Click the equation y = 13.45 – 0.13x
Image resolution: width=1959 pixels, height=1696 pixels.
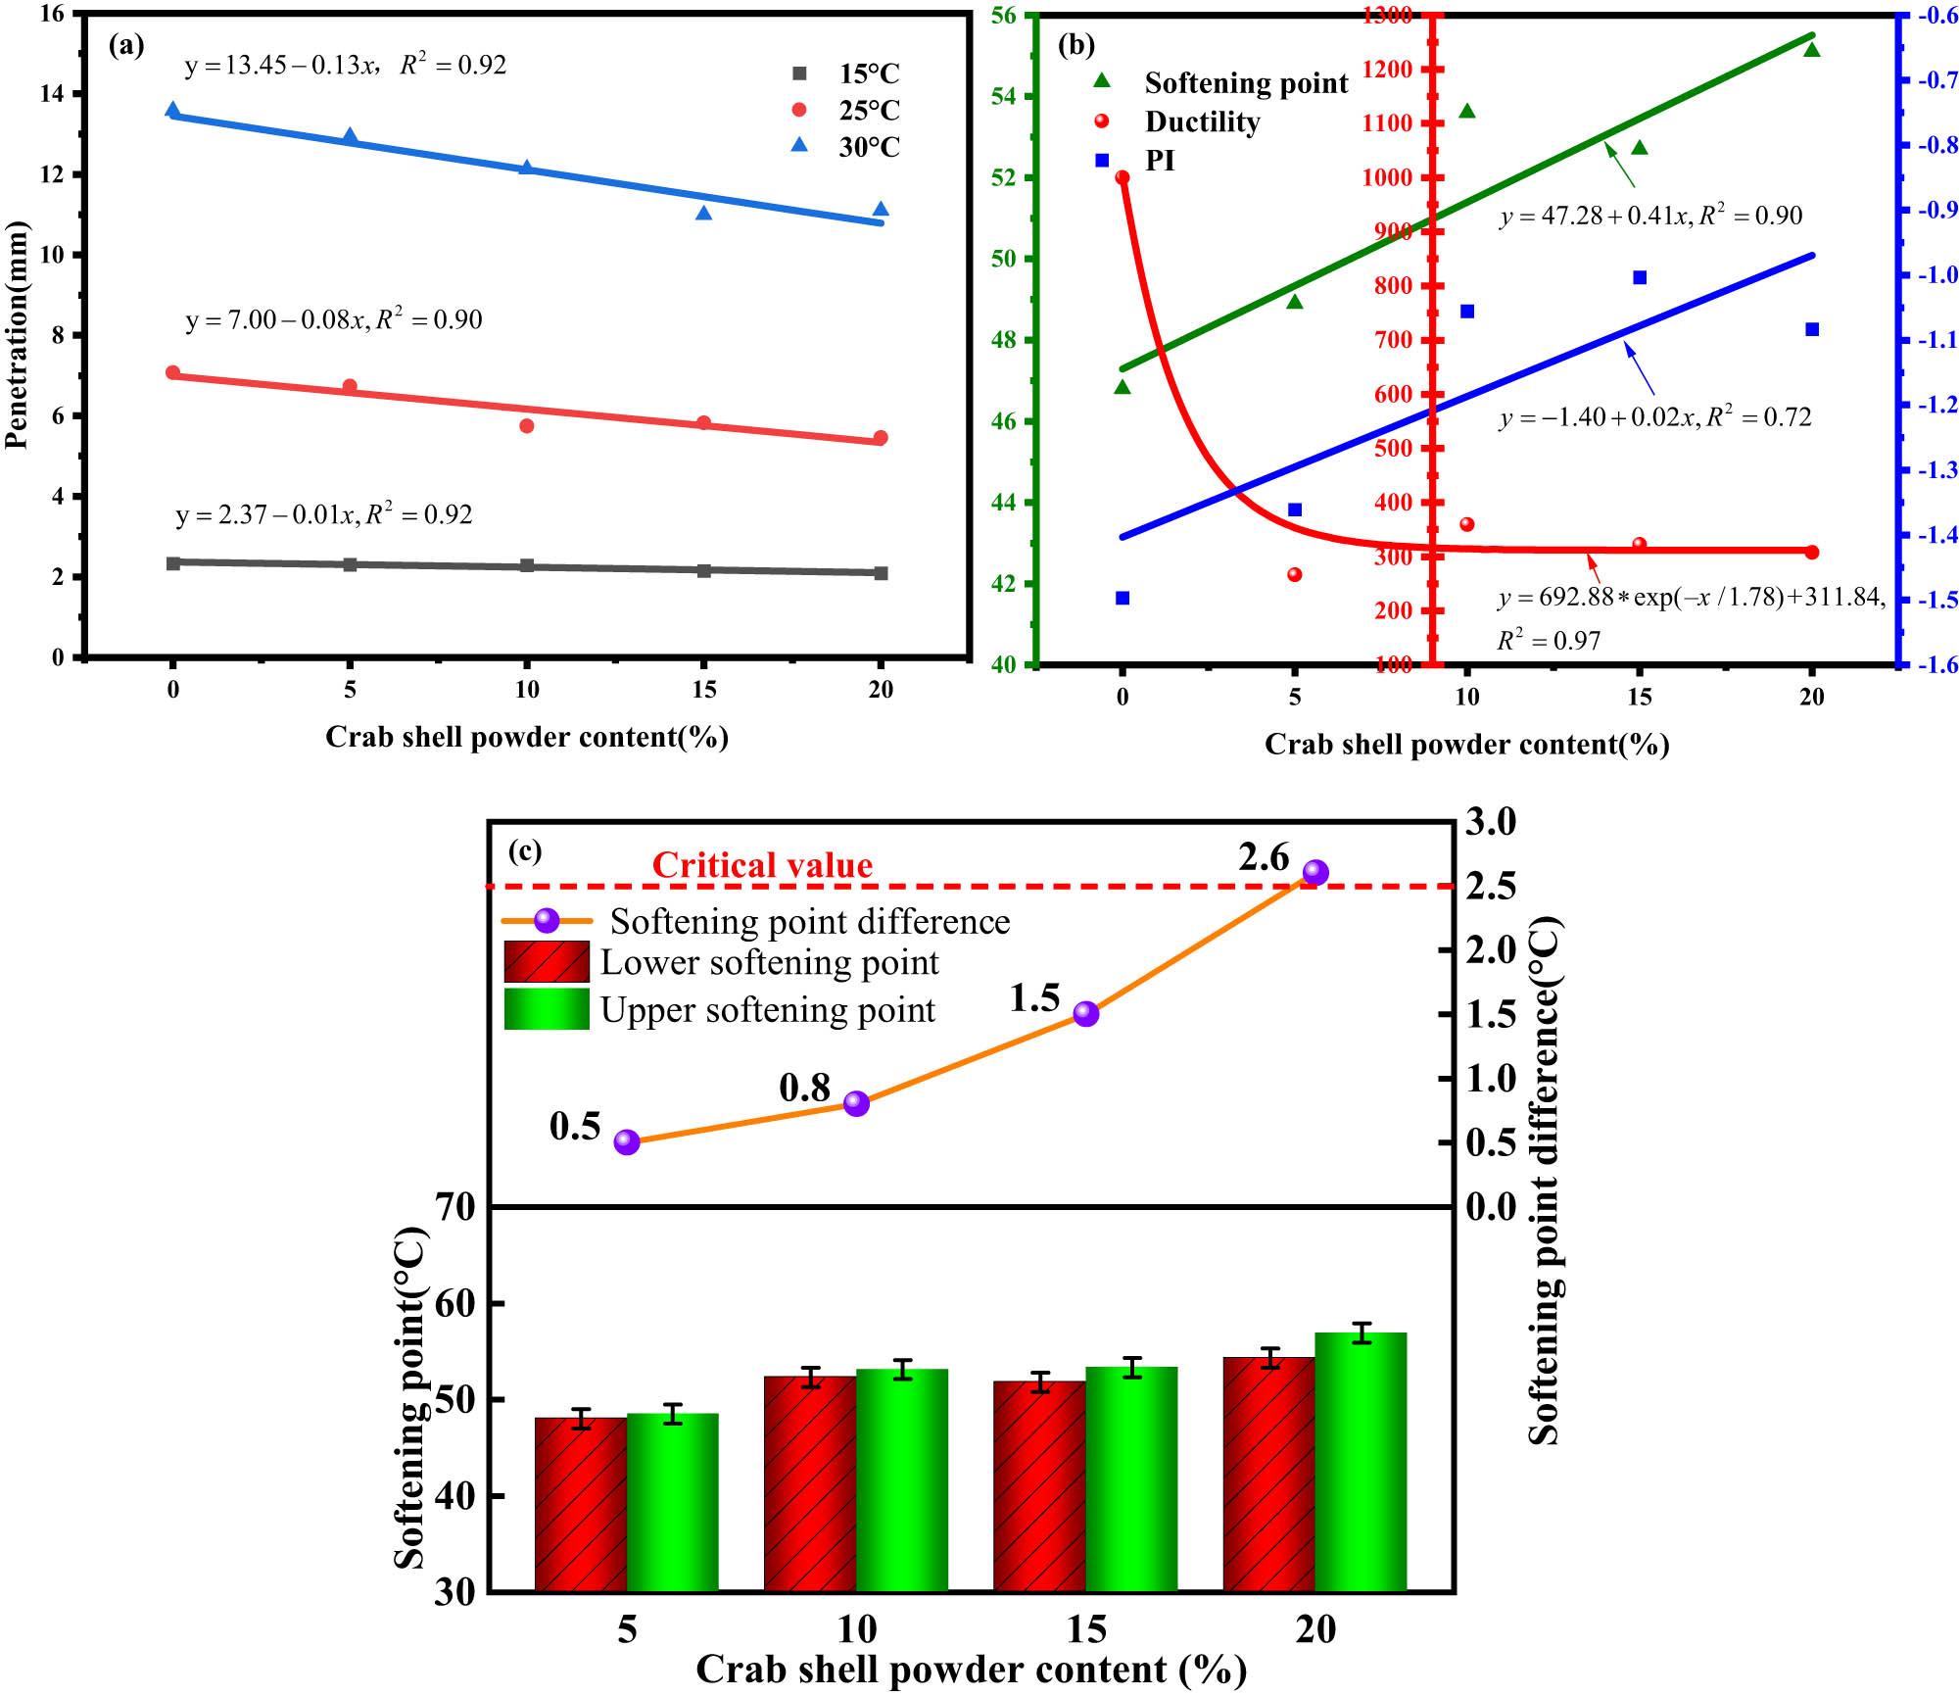(280, 66)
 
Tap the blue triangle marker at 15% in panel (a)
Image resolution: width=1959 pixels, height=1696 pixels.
(703, 213)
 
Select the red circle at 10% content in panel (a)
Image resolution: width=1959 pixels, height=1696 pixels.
(527, 425)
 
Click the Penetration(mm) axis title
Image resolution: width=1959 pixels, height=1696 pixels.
(17, 335)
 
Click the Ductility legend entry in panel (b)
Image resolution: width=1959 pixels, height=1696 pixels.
(1201, 121)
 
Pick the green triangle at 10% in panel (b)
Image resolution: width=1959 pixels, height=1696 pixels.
(1467, 111)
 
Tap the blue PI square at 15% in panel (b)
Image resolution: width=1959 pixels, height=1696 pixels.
(1640, 277)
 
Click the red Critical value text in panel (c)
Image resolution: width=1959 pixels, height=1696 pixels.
(762, 865)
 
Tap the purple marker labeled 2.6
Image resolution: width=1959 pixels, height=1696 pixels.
(1315, 872)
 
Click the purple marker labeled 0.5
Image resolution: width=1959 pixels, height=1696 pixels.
(627, 1141)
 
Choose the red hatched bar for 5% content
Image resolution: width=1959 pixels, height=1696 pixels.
(581, 1504)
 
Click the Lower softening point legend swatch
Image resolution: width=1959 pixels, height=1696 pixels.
(547, 961)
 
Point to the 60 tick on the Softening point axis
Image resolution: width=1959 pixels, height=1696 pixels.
(455, 1304)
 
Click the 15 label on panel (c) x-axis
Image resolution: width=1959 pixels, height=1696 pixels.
(1086, 1629)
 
